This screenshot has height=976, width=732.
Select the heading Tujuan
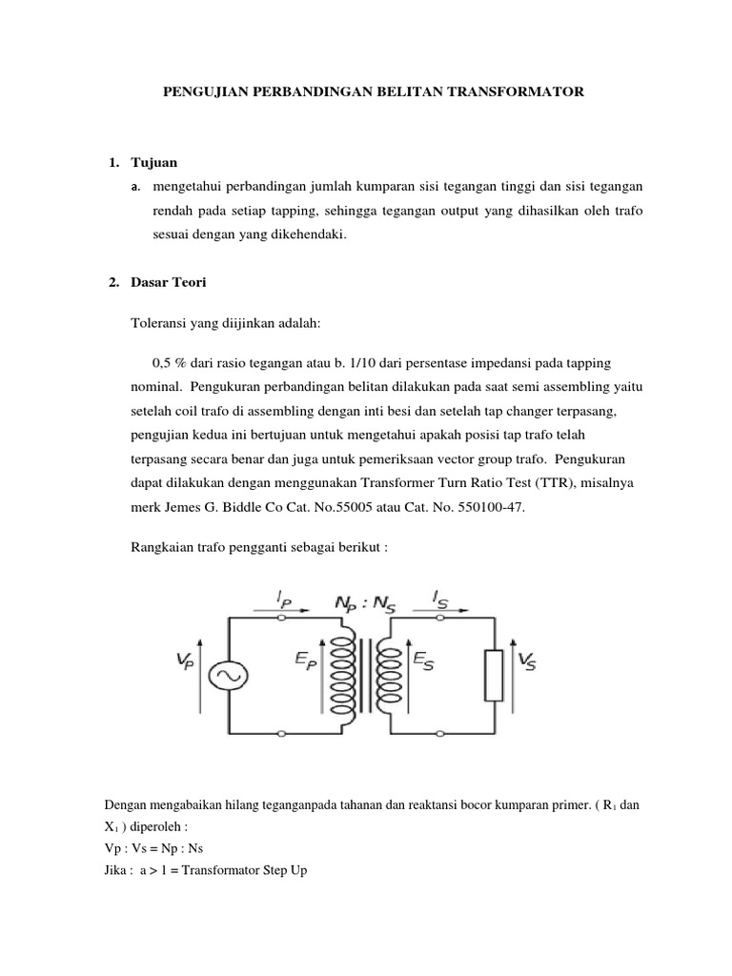coord(152,163)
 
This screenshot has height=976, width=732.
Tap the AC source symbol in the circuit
coord(229,675)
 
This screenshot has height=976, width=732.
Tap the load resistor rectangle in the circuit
coord(493,675)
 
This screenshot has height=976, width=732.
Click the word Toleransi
coord(158,324)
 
